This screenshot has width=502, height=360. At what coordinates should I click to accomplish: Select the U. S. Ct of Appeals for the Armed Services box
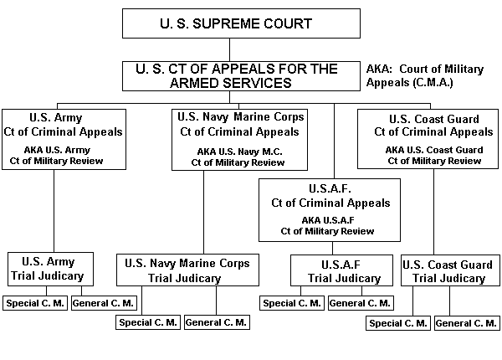click(x=243, y=75)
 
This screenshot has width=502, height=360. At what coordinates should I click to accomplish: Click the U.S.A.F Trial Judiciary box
click(x=339, y=271)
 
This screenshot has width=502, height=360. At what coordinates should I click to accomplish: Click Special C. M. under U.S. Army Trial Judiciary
click(x=34, y=302)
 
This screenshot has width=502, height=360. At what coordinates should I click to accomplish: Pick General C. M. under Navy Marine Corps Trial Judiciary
click(x=215, y=322)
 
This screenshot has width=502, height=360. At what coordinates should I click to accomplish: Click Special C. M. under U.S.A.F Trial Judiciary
click(x=292, y=302)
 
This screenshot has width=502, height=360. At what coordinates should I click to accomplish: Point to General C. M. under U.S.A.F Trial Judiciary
click(x=359, y=302)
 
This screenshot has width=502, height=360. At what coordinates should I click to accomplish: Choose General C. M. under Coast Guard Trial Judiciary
click(x=466, y=322)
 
